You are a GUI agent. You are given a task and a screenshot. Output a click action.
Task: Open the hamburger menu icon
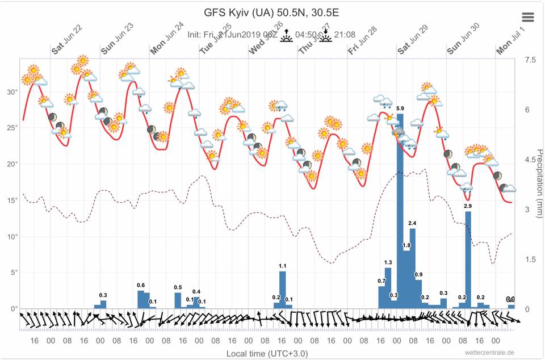pos(528,17)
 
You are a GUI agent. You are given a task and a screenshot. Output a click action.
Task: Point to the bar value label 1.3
pos(388,262)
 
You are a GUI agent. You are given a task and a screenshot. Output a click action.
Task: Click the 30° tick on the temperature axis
pos(11,92)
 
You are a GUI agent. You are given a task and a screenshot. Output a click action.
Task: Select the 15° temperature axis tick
pos(11,200)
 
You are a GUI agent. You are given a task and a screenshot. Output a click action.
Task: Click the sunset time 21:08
pos(345,35)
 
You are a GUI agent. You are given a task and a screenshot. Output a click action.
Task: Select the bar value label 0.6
pos(141,285)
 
